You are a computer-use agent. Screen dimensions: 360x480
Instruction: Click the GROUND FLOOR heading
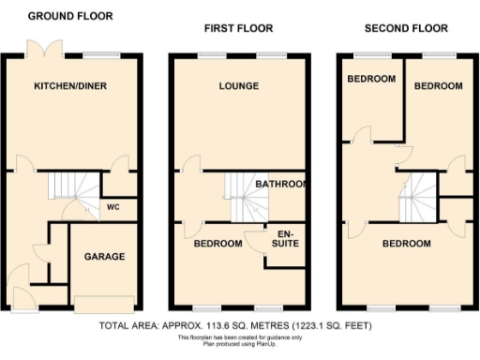pos(70,16)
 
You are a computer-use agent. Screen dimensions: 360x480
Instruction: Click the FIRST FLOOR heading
pos(238,30)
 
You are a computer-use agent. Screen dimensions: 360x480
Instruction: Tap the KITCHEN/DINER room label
pos(70,86)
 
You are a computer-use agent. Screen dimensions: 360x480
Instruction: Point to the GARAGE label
pos(105,256)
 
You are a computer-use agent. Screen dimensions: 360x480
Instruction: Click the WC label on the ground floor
pos(113,206)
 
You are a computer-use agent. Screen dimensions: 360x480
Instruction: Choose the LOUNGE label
pos(238,86)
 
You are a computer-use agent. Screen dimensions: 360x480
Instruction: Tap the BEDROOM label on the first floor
pos(217,244)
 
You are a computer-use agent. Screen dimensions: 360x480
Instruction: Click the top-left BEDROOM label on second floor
pos(371,79)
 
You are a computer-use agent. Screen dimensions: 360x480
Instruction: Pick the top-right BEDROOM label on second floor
pos(439,86)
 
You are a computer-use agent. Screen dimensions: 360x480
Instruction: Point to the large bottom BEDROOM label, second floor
pos(406,244)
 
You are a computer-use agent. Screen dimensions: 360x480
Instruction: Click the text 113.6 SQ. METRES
pos(229,326)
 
